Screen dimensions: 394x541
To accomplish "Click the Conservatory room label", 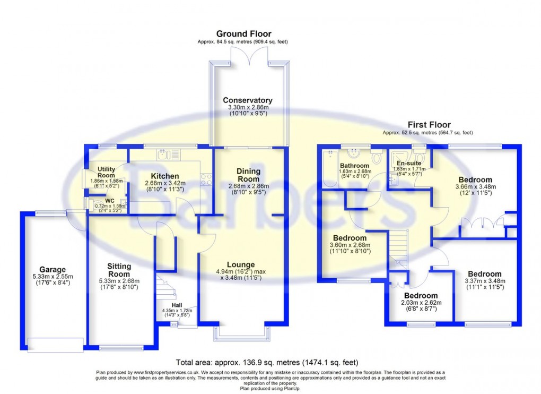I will [248, 100].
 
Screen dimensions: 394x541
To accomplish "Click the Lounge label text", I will [241, 264].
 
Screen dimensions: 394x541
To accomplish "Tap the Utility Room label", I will [106, 172].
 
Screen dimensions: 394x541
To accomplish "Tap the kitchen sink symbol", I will [169, 155].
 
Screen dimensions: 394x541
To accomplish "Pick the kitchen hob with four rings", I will [206, 180].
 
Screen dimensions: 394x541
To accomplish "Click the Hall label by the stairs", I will [176, 305].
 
